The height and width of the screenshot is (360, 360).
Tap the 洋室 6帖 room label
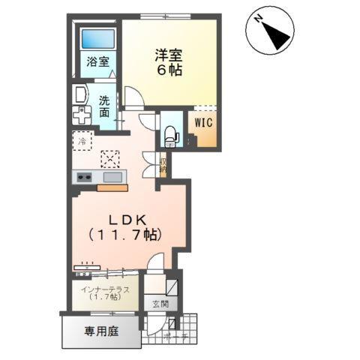pyautogui.click(x=169, y=62)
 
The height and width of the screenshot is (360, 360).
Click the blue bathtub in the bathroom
pyautogui.click(x=97, y=39)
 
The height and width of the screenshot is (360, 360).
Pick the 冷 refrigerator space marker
pyautogui.click(x=82, y=139)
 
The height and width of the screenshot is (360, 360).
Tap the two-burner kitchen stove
pyautogui.click(x=82, y=177)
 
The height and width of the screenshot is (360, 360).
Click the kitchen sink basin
pyautogui.click(x=113, y=177)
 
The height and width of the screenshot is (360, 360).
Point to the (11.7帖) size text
pyautogui.click(x=129, y=235)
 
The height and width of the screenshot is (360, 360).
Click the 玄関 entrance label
pyautogui.click(x=160, y=304)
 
